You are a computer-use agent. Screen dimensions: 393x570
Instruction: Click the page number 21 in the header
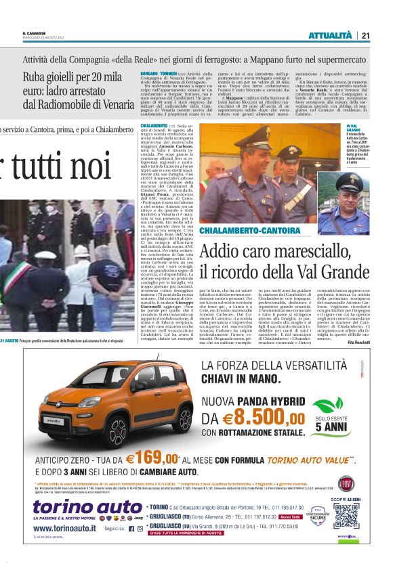366,36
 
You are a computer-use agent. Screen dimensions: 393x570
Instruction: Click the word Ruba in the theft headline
35,76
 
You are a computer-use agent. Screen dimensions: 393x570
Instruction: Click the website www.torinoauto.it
66,529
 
